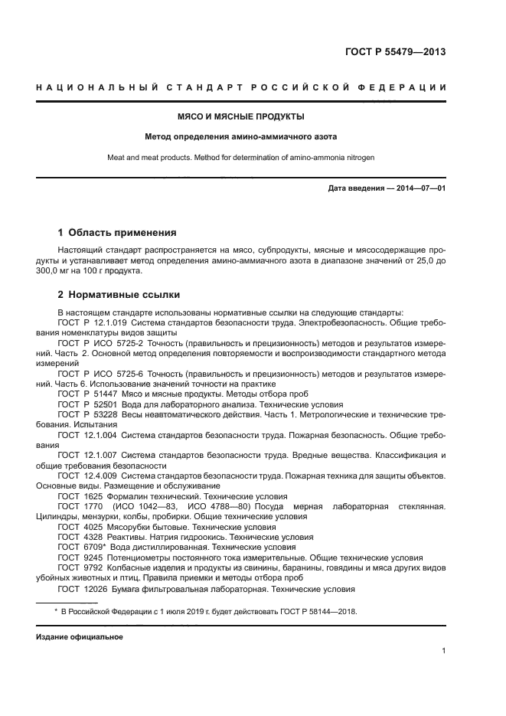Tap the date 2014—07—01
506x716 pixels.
(420, 189)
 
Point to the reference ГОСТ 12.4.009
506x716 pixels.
(87, 476)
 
